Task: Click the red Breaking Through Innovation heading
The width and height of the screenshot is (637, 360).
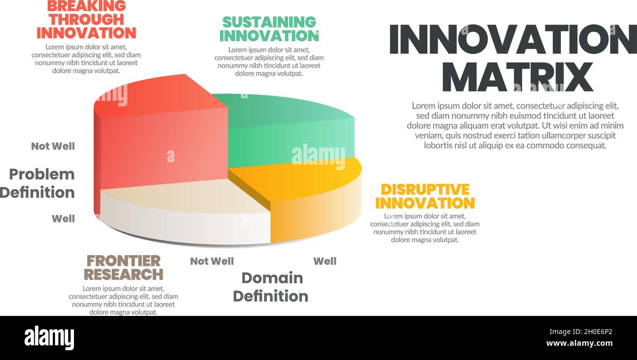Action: [86, 20]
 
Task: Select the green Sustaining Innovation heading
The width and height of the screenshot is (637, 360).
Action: [269, 29]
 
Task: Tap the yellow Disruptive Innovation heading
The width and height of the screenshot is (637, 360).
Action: [425, 196]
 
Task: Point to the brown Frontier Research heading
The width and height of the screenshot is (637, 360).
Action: [123, 267]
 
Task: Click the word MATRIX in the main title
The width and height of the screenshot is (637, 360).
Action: [517, 76]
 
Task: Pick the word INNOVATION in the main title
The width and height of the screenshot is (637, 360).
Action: [513, 39]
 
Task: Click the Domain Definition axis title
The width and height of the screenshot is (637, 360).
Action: [271, 287]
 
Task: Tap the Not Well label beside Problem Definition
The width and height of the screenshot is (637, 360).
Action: [53, 146]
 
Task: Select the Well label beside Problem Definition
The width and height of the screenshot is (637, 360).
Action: [63, 218]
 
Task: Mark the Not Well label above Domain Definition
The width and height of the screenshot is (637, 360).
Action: [212, 261]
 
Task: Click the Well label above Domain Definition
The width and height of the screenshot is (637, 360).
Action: [325, 261]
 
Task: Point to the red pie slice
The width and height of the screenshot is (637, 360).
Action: [162, 142]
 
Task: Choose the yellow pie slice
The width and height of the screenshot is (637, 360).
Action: [314, 196]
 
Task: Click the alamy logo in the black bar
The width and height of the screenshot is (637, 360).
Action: [49, 338]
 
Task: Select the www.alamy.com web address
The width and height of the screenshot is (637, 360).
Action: [579, 343]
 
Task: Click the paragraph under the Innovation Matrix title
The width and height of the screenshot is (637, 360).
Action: [515, 125]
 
